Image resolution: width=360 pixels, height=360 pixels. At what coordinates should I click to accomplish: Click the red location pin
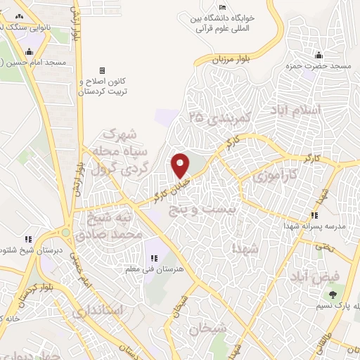point(180,165)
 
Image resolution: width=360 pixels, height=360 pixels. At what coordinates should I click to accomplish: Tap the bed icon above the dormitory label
point(223,7)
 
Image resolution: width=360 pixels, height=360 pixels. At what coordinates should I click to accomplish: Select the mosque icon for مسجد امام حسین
point(29,52)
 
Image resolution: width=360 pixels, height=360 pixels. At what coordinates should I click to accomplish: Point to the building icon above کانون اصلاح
point(102,71)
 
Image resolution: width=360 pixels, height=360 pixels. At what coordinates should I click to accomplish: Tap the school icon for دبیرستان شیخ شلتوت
point(27,240)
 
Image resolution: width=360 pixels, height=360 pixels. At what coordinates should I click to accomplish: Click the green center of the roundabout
point(65,232)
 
